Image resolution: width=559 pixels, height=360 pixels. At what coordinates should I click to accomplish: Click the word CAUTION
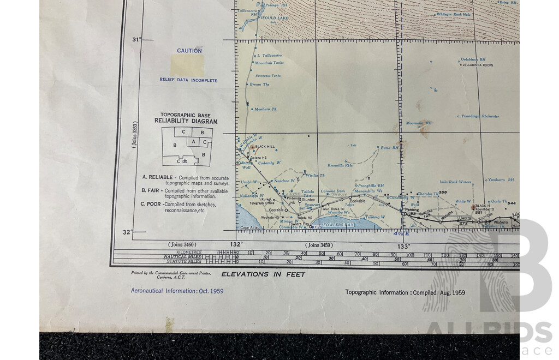pos(189,51)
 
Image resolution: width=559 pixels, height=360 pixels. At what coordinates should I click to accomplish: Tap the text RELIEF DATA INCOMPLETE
pos(188,80)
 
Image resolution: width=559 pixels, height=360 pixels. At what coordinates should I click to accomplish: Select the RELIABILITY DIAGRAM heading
pos(186,121)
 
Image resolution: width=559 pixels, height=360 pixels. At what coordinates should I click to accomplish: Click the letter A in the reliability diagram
pos(193,142)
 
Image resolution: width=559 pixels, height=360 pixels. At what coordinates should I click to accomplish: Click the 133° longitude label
pos(403,247)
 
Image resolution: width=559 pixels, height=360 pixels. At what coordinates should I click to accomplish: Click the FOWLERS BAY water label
pos(339,225)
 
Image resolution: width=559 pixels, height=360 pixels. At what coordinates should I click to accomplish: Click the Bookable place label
pos(358,201)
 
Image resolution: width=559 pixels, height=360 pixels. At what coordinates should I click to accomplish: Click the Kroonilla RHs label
pos(340,165)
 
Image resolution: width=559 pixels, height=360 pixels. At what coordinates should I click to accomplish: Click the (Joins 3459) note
pos(319,245)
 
